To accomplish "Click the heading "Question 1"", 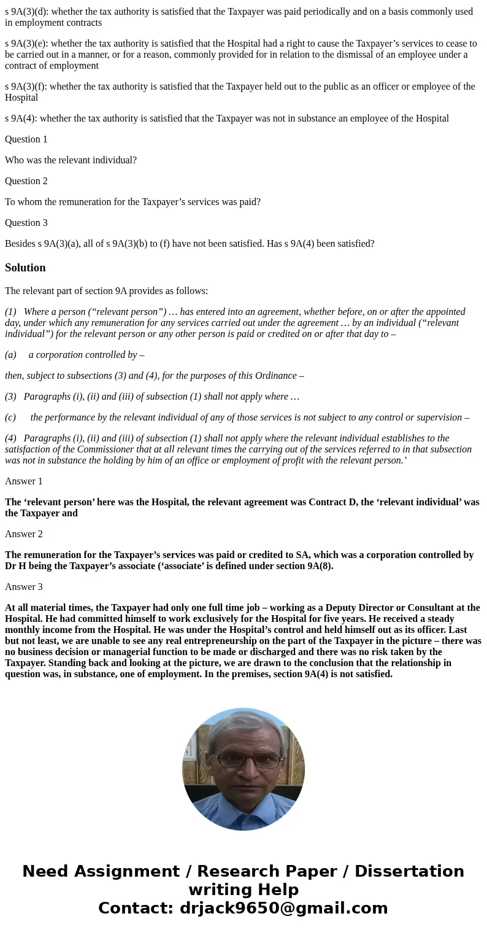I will pyautogui.click(x=26, y=139).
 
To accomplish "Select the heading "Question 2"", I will pyautogui.click(x=26, y=181).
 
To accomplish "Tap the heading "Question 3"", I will pyautogui.click(x=26, y=223).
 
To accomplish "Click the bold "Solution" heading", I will pyautogui.click(x=25, y=268).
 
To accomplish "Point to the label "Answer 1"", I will pyautogui.click(x=24, y=481).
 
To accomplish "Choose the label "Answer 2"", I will pyautogui.click(x=24, y=534).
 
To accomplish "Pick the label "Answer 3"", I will pyautogui.click(x=24, y=587).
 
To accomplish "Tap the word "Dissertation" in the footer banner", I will pyautogui.click(x=409, y=872).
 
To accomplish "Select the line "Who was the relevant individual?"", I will pyautogui.click(x=71, y=160).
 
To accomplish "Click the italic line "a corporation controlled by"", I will pyautogui.click(x=86, y=355).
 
